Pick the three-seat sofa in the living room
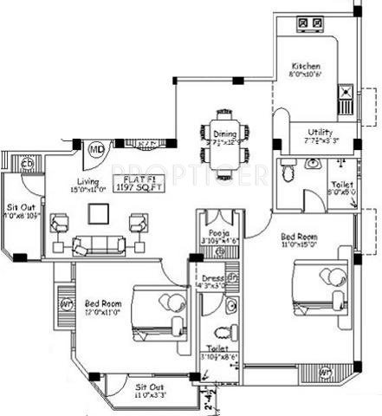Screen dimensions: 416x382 [97, 245]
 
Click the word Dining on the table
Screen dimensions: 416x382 [225, 134]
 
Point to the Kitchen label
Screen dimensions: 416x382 [306, 66]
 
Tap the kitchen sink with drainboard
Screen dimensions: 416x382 [344, 94]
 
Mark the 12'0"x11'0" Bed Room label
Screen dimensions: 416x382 [102, 305]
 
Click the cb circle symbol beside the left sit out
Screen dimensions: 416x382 [26, 163]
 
